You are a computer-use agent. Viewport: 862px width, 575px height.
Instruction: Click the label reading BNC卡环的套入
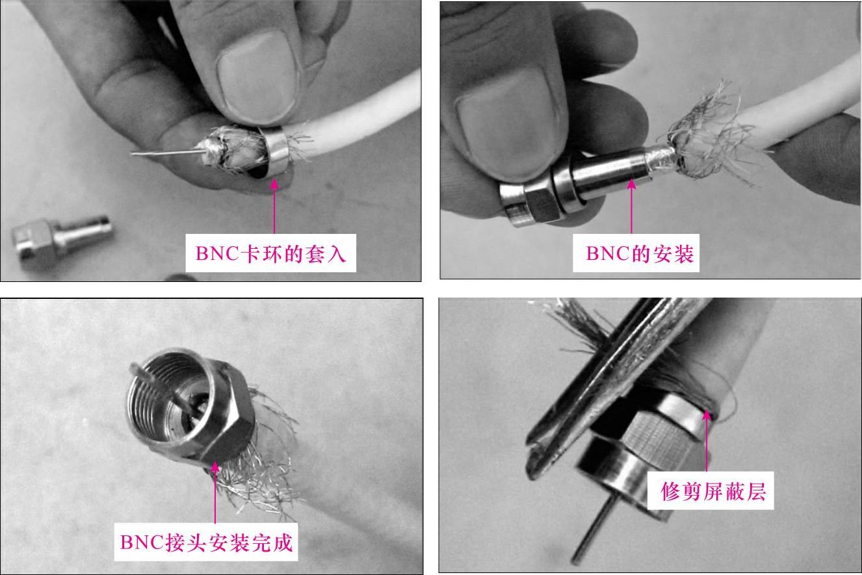pyautogui.click(x=270, y=253)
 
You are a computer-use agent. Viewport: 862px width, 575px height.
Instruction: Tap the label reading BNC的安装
pyautogui.click(x=640, y=253)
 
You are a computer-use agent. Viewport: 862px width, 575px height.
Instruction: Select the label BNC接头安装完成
pyautogui.click(x=206, y=543)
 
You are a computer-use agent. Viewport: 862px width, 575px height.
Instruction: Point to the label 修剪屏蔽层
pyautogui.click(x=713, y=491)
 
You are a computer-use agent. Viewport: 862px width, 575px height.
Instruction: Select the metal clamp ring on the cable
pyautogui.click(x=278, y=153)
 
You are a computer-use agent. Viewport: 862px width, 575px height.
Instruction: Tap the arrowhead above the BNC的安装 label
pyautogui.click(x=631, y=185)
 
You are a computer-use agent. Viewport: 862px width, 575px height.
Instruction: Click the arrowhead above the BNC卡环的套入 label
pyautogui.click(x=274, y=185)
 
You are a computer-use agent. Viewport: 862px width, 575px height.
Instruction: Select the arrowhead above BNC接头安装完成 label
pyautogui.click(x=215, y=467)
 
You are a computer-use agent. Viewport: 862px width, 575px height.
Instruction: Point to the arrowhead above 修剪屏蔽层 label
pyautogui.click(x=707, y=415)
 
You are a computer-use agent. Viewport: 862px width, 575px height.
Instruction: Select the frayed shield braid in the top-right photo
pyautogui.click(x=708, y=134)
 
